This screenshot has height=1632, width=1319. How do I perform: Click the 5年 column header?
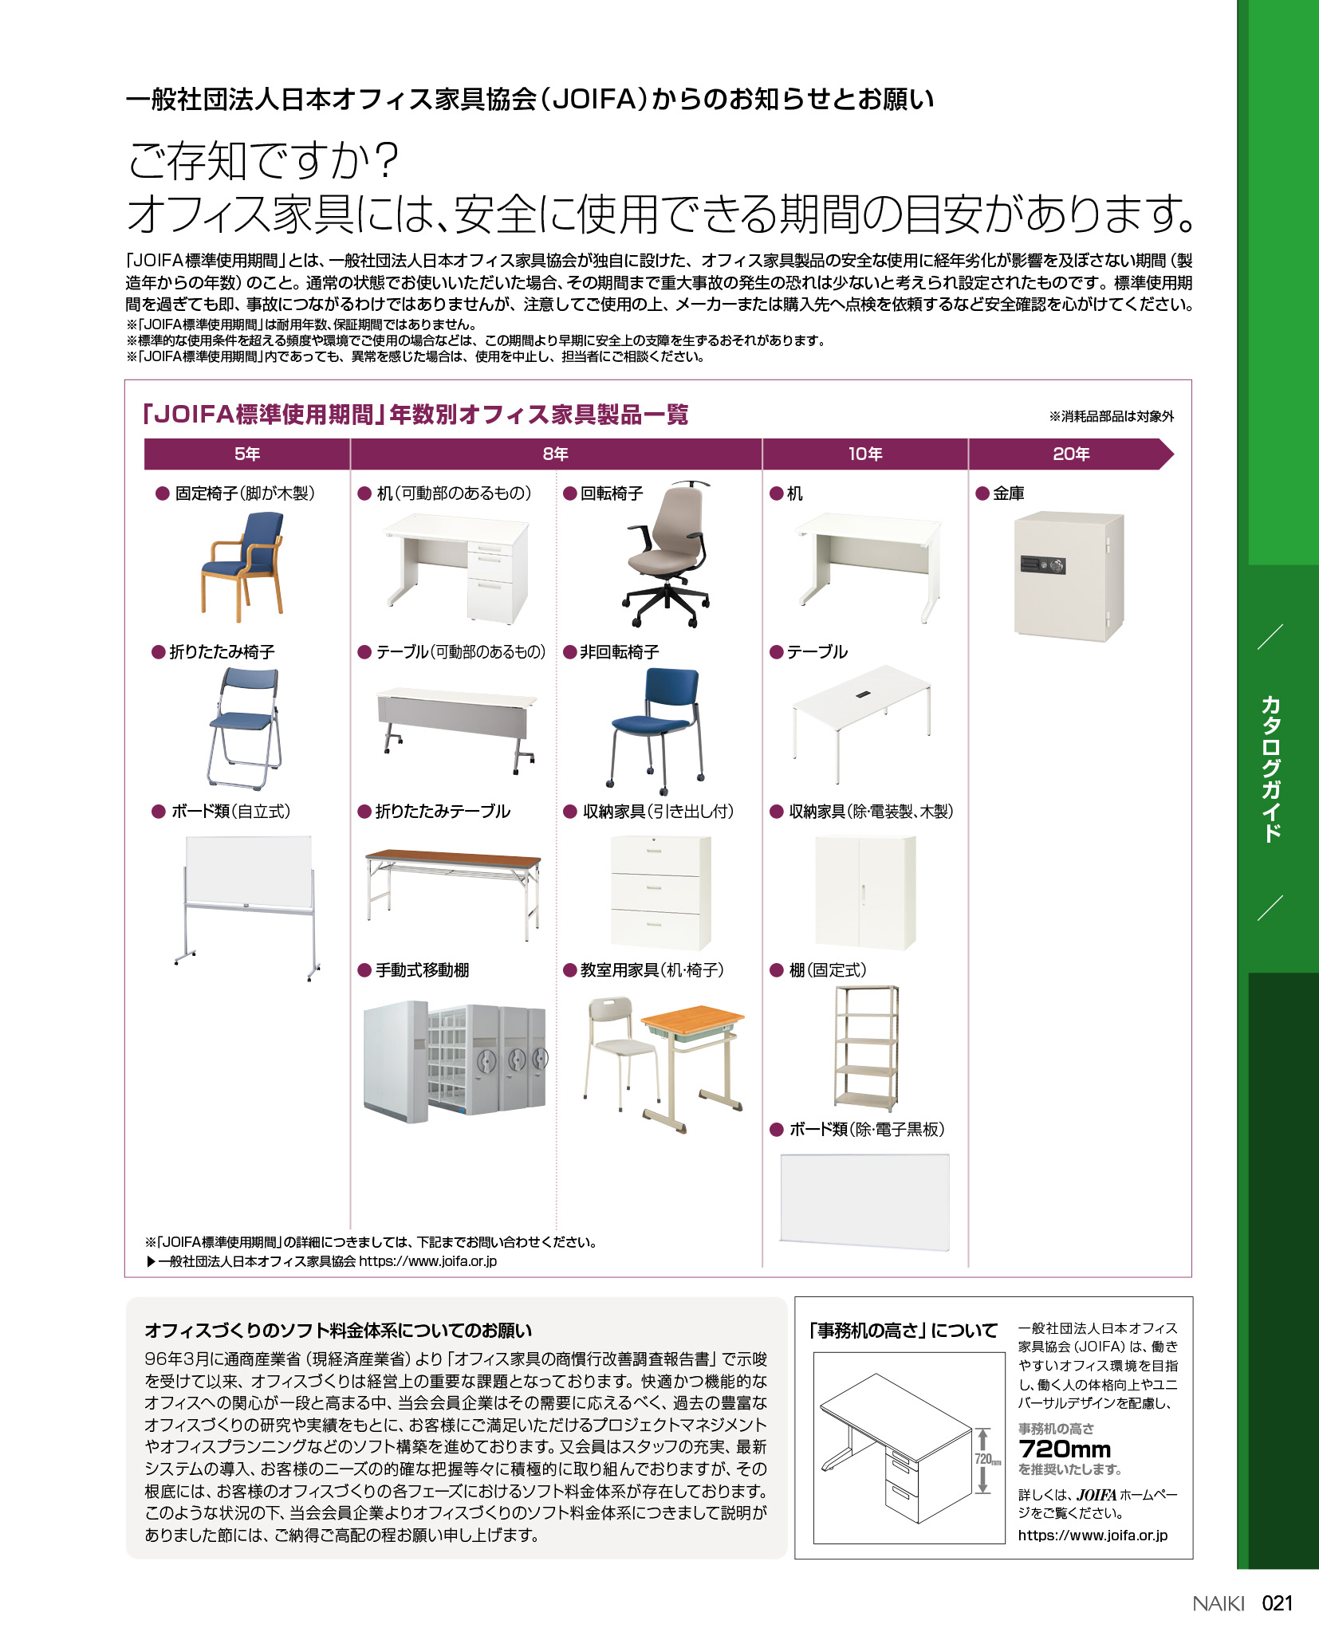247,454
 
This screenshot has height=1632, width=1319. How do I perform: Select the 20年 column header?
1070,454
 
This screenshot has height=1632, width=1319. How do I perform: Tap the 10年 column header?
864,454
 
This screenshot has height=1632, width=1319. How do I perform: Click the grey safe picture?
1069,576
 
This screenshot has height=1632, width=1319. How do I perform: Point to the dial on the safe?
1057,565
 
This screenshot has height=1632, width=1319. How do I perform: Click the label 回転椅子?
611,494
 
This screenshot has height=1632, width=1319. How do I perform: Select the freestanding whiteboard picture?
248,906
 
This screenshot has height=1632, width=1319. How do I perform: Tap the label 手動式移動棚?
422,970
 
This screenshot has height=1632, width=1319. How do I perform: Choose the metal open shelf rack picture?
866,1047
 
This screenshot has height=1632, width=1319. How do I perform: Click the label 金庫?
1008,494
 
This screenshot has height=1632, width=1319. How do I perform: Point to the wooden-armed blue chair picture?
242,565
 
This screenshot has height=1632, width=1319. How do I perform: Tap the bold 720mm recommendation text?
1065,1449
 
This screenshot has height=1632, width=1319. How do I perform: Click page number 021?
1277,1603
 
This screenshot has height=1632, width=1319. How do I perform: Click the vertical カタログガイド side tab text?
1270,769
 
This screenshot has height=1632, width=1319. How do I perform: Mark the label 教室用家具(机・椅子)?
652,970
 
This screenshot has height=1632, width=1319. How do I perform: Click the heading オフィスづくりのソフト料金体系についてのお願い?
338,1331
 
